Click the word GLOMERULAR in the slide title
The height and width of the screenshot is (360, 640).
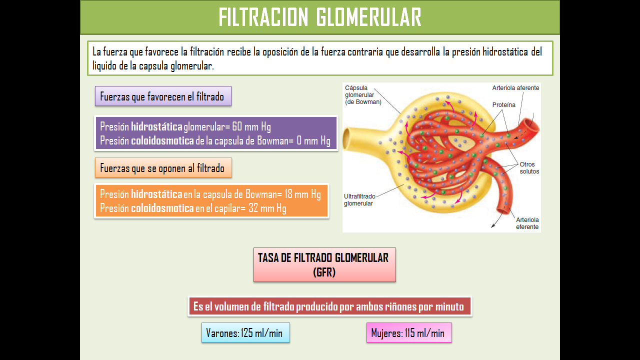[369, 17]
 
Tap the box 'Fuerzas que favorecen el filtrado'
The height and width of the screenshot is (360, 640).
[162, 96]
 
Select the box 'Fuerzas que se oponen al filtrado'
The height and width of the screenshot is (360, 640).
[163, 168]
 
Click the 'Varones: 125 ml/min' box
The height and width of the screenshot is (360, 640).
[245, 333]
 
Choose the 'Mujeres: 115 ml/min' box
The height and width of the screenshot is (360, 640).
[408, 333]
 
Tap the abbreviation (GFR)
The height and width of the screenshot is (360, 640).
[324, 272]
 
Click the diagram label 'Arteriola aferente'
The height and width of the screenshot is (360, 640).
[515, 88]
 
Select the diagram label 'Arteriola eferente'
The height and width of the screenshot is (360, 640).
[527, 223]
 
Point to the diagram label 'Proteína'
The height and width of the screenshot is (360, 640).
[503, 105]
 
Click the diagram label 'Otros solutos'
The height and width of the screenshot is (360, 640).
[529, 167]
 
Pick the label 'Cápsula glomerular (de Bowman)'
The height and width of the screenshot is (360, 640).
[363, 94]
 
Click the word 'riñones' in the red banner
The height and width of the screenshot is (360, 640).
[400, 306]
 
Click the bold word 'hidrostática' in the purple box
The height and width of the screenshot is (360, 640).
[156, 126]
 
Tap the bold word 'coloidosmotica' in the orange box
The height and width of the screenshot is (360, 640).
[162, 208]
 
